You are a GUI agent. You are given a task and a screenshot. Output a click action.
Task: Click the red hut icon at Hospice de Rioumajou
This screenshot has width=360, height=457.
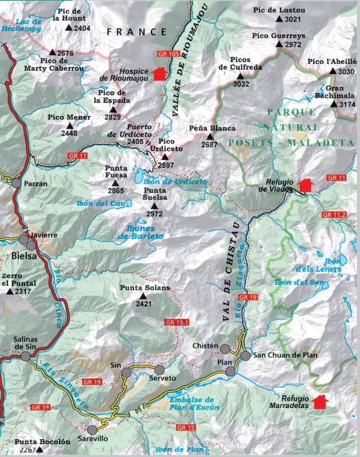159,74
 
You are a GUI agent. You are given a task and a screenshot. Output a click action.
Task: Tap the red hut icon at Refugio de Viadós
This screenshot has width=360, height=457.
305,185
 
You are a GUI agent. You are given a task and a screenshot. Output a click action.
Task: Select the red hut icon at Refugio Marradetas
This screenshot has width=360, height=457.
320,402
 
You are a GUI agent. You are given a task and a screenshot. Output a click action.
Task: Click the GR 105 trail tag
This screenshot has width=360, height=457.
169,55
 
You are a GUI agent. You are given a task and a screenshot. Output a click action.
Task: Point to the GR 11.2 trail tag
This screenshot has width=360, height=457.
336,214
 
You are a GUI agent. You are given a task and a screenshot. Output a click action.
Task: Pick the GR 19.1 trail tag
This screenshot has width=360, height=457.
177,322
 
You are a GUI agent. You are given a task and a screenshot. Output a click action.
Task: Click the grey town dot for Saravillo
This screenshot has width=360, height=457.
92,430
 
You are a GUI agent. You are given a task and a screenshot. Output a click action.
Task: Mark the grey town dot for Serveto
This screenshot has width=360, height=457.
160,370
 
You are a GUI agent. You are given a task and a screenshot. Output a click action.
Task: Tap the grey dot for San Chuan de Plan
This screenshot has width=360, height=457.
246,356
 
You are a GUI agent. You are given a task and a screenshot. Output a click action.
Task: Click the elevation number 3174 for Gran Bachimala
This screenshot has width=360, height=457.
343,105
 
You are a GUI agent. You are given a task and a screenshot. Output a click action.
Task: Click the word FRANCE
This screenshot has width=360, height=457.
137,32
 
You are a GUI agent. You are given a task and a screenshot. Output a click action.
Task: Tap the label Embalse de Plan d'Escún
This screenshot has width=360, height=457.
191,404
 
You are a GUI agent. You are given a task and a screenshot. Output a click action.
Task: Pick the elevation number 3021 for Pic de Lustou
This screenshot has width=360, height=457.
293,20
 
